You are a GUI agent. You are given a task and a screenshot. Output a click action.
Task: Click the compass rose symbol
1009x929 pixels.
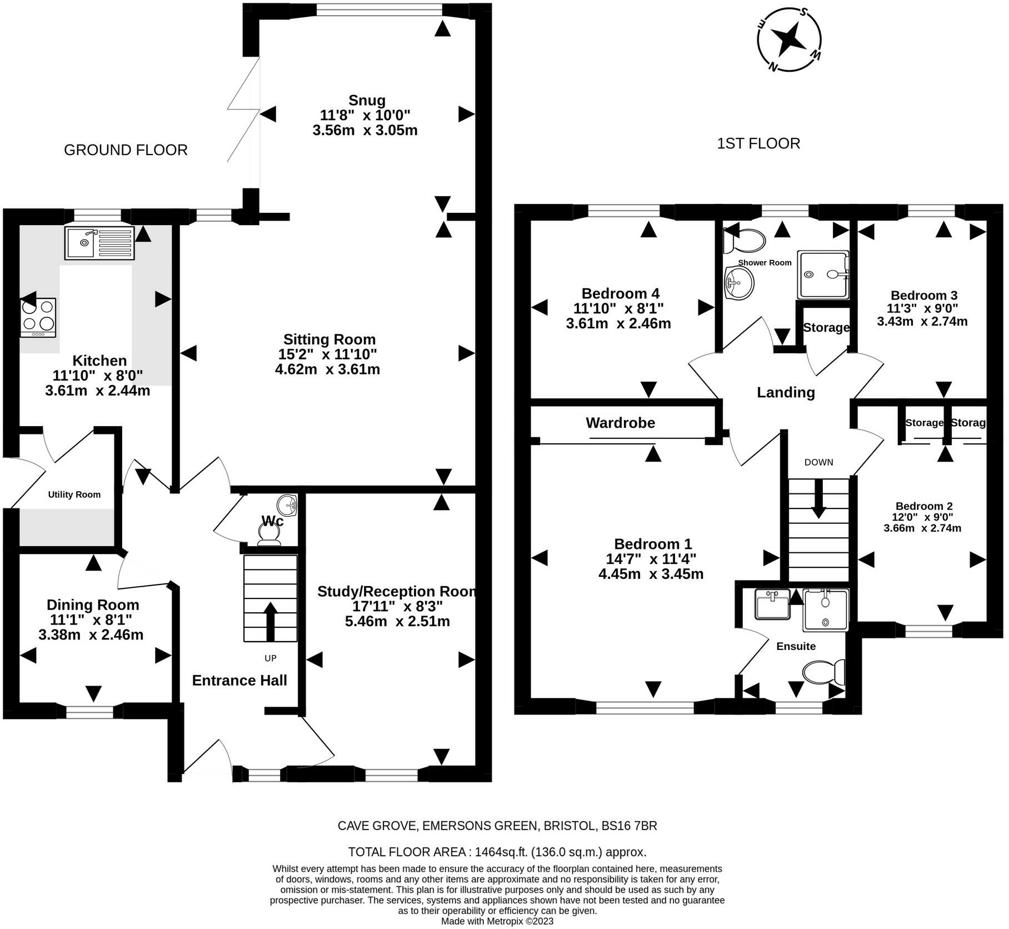pos(789,39)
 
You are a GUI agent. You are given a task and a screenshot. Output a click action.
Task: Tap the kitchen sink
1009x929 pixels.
pos(99,243)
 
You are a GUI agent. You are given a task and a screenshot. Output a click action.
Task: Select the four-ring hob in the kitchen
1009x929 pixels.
pos(38,317)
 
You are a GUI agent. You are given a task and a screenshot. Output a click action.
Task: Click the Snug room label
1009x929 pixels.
pos(367,101)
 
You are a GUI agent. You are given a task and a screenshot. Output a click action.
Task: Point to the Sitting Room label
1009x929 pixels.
pos(329,339)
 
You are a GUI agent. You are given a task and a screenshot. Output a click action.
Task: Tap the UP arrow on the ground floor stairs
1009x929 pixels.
pos(271,621)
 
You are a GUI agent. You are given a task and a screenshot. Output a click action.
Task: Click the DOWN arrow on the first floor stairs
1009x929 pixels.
pos(818,498)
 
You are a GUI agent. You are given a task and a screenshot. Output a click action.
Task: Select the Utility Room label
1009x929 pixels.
pos(74,495)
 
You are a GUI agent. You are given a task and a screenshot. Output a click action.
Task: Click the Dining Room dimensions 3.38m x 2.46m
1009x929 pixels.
pos(91,635)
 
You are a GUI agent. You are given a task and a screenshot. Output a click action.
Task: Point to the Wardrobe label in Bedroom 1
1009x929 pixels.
pos(621,423)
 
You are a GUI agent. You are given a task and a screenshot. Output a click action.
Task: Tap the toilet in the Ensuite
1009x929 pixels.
pos(824,672)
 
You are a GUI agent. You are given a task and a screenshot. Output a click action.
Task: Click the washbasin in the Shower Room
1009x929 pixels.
pos(739,283)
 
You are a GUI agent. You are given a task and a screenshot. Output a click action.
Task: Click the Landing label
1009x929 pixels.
pos(786,393)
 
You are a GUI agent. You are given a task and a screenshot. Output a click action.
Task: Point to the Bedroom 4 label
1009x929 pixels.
pos(621,293)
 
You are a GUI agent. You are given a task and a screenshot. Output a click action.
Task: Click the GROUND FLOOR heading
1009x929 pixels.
pos(126,150)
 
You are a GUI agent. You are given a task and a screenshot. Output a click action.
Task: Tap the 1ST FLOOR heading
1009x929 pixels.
pos(758,143)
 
